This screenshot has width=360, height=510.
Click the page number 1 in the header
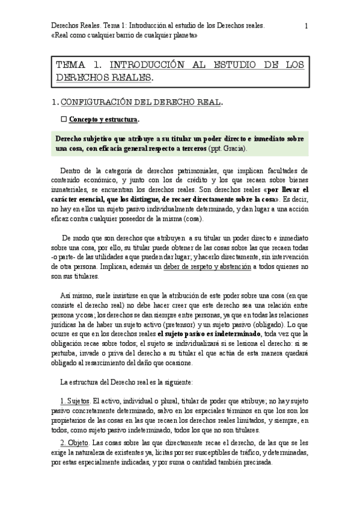click(x=307, y=26)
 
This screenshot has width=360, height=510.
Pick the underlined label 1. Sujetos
click(x=75, y=400)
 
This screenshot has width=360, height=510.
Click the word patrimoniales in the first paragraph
click(x=191, y=170)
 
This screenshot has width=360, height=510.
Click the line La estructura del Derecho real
click(x=126, y=382)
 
